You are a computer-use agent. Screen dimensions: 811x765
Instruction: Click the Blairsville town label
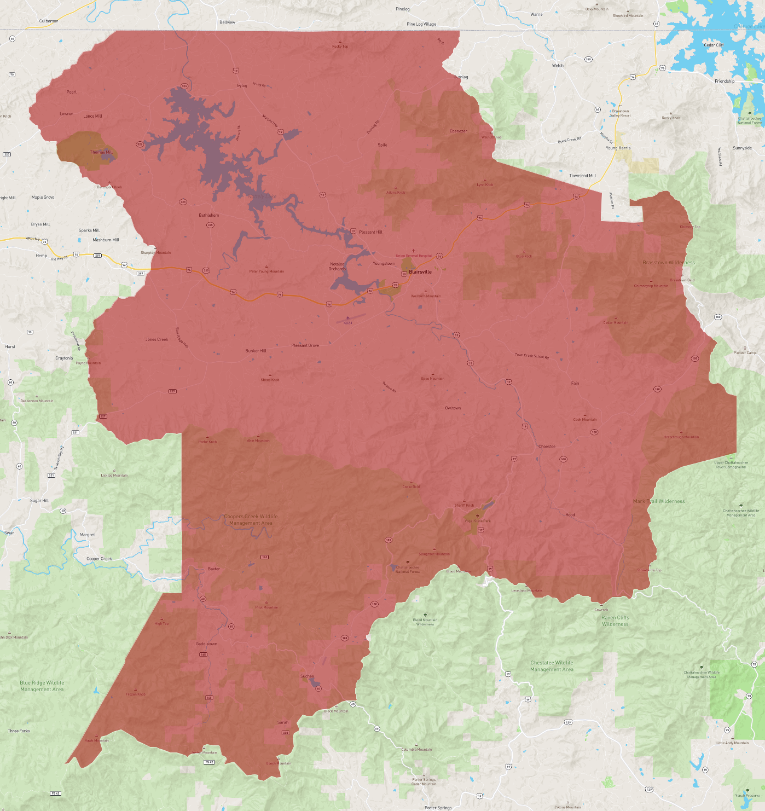tap(420, 272)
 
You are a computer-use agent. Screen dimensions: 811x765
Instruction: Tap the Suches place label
tap(307, 676)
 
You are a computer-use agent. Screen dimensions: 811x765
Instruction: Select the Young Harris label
tap(618, 148)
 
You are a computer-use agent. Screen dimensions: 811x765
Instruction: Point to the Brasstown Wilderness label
tap(668, 263)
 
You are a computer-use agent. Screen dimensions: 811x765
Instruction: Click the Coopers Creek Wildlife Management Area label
tap(251, 520)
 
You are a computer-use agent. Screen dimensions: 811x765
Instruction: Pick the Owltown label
tap(453, 408)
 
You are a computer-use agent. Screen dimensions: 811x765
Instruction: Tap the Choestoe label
tap(547, 447)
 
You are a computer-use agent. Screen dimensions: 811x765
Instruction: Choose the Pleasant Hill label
tap(370, 232)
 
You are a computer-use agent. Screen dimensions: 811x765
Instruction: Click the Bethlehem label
tap(208, 216)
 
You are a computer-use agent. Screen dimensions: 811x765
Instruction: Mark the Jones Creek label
tap(157, 340)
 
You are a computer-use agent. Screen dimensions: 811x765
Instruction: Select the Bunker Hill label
tap(256, 351)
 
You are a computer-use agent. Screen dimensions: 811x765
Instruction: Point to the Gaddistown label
tap(206, 644)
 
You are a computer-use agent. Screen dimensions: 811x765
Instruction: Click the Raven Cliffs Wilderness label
tap(615, 621)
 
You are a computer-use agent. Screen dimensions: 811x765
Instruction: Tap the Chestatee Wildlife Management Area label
tap(552, 666)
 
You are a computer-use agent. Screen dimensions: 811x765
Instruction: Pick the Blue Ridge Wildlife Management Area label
tap(42, 686)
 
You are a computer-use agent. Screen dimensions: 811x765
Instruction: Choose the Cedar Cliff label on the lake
tap(713, 45)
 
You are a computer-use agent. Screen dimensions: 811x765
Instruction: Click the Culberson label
tap(49, 21)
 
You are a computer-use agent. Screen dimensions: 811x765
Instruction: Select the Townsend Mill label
tap(582, 176)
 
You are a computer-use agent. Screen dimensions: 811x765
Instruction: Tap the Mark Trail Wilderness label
tap(658, 501)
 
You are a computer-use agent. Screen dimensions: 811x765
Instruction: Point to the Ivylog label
tap(241, 86)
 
